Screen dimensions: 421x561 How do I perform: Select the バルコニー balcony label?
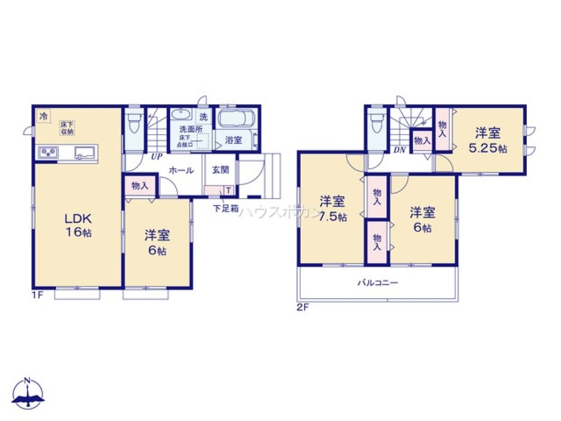(x=378, y=283)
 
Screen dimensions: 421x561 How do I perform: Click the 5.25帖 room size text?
(x=488, y=149)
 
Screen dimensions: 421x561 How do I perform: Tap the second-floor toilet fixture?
(x=375, y=122)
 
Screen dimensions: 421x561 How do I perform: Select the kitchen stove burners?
(x=48, y=152)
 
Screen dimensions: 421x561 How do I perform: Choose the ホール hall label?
(x=181, y=170)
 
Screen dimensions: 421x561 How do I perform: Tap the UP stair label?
(x=153, y=157)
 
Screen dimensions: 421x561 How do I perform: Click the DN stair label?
(x=399, y=150)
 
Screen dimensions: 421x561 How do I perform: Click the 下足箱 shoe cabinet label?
(x=226, y=208)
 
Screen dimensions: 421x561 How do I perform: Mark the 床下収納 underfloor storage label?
(x=68, y=128)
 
